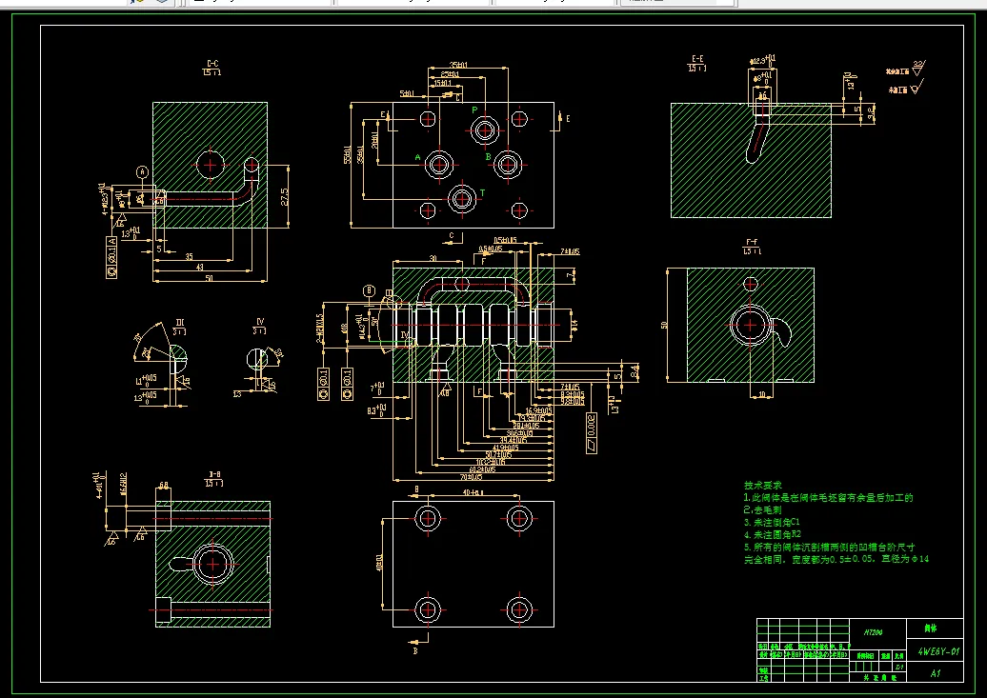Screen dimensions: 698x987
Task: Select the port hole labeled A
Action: (x=439, y=165)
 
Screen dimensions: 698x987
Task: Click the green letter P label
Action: (x=474, y=110)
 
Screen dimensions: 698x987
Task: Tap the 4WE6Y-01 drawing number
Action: (x=937, y=652)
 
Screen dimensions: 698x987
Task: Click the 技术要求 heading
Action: (x=762, y=486)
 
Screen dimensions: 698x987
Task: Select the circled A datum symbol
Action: (x=143, y=171)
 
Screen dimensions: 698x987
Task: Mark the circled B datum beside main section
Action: (x=369, y=289)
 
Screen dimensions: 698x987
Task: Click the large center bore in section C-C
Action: (x=210, y=164)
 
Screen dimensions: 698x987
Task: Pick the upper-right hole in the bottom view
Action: (x=518, y=517)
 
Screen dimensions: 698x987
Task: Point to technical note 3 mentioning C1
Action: (x=773, y=522)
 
